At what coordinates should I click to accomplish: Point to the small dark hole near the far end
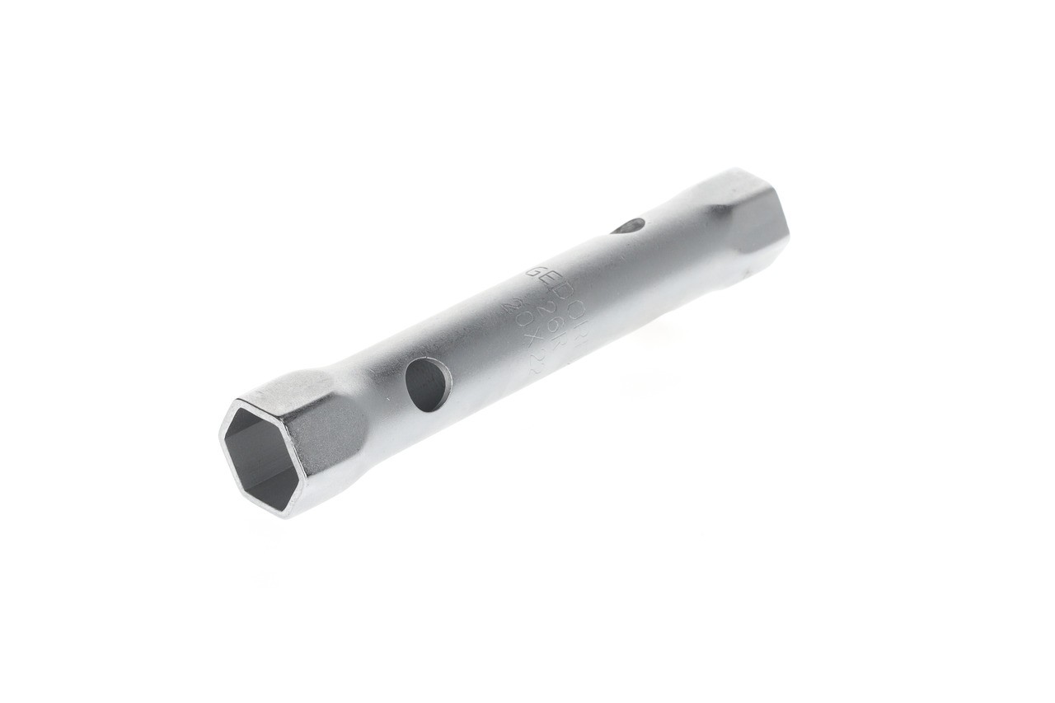(630, 225)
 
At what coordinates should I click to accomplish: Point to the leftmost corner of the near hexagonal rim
(220, 436)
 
